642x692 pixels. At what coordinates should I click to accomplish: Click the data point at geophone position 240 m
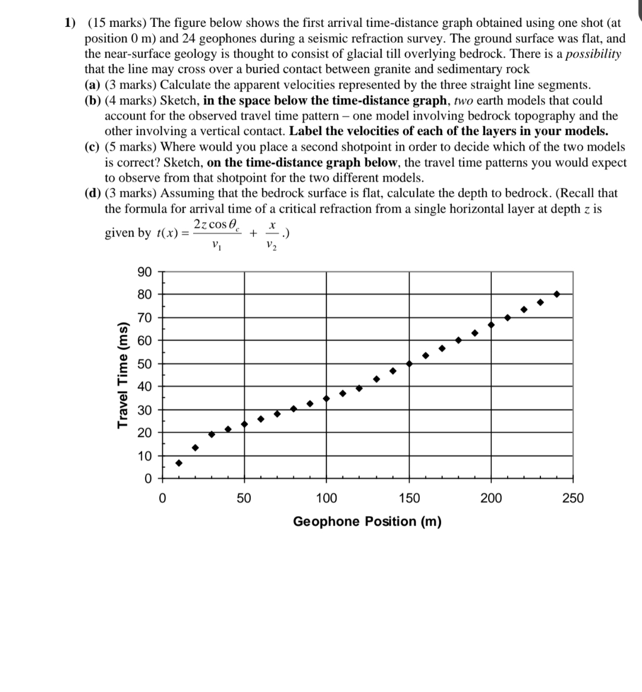(x=556, y=294)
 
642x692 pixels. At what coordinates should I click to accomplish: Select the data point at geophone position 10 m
(x=178, y=463)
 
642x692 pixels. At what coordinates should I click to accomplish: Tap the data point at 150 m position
(x=409, y=363)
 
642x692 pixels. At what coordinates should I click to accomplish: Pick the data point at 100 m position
(x=326, y=398)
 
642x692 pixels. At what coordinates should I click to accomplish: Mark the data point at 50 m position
(x=244, y=424)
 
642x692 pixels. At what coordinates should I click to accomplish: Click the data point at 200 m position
(x=491, y=325)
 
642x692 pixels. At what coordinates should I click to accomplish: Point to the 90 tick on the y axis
(x=144, y=272)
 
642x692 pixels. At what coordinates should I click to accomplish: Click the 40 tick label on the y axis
(x=144, y=386)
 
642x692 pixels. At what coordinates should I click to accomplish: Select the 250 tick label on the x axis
(x=573, y=498)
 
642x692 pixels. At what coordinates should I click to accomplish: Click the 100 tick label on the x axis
(x=326, y=498)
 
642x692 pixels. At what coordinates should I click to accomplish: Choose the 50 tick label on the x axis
(x=244, y=498)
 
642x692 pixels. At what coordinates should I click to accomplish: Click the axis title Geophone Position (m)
(x=367, y=521)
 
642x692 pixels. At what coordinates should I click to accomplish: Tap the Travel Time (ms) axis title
(x=124, y=375)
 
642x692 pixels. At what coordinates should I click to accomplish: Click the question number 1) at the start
(x=70, y=23)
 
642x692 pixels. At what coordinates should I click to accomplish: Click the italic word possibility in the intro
(x=593, y=54)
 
